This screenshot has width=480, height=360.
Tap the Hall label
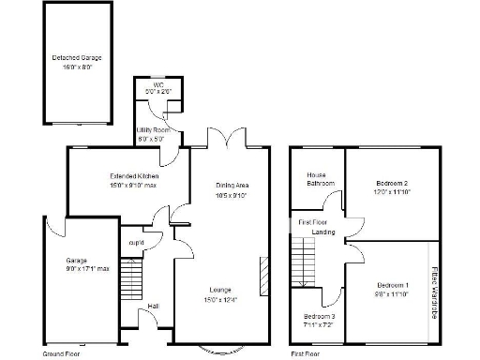(153, 306)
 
